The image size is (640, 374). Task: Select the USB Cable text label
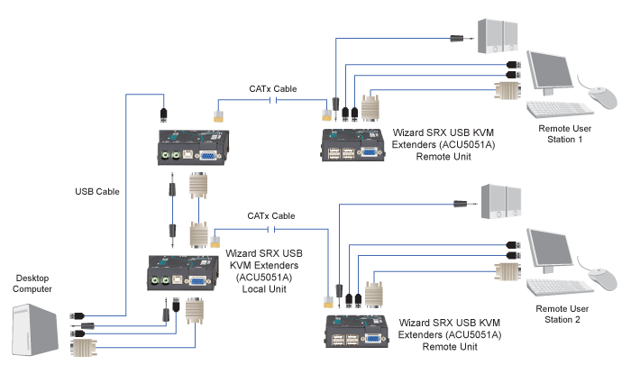click(x=97, y=191)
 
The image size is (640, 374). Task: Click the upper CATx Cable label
click(x=273, y=89)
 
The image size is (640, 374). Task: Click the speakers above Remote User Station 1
click(x=498, y=33)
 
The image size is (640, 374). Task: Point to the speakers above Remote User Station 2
click(x=498, y=202)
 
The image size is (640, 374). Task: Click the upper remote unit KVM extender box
click(x=356, y=146)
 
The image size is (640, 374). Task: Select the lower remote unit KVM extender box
click(x=357, y=332)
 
